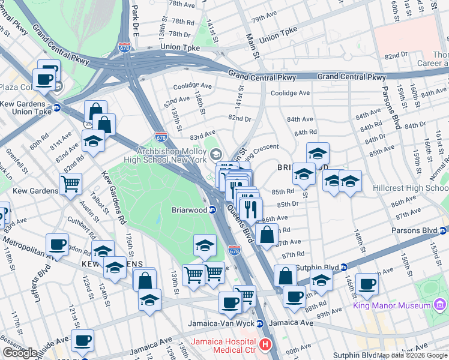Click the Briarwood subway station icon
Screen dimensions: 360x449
212,209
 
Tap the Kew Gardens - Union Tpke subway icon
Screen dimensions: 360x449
57,108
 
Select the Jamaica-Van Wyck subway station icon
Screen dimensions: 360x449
260,323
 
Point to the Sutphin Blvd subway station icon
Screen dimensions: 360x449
344,267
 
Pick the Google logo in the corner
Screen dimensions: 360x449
20,353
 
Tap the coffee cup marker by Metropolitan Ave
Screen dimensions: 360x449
58,244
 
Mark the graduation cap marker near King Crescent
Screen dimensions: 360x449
318,153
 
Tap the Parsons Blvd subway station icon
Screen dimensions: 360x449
444,230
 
